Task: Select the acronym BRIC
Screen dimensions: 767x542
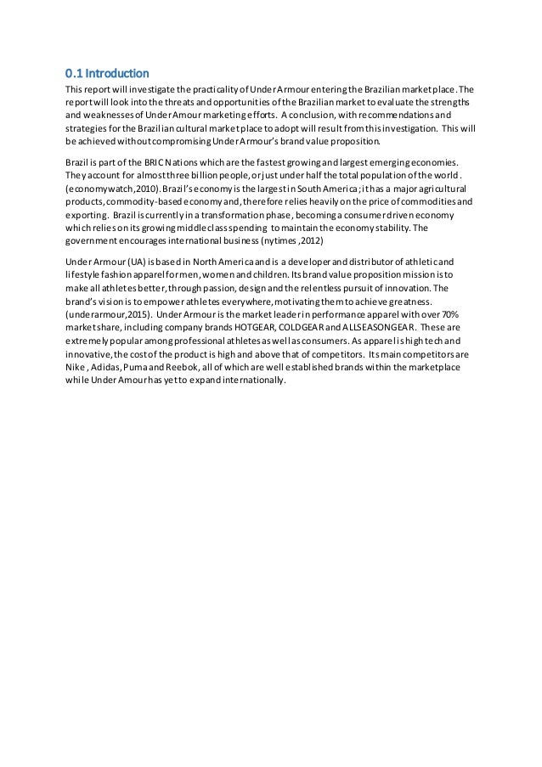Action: click(142, 162)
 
